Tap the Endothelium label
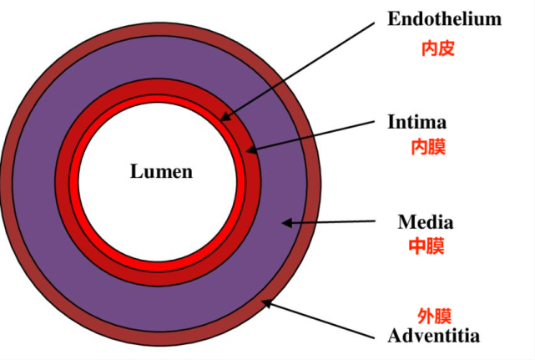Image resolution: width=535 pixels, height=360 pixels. tap(444, 18)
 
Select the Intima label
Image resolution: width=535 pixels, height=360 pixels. tap(417, 122)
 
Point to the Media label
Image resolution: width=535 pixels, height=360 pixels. tap(426, 222)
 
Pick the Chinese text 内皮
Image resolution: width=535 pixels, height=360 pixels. tap(437, 48)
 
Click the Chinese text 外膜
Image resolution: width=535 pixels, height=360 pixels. tap(434, 316)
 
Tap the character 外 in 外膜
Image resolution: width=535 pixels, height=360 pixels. tap(426, 316)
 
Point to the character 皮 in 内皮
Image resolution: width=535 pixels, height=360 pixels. tap(447, 48)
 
